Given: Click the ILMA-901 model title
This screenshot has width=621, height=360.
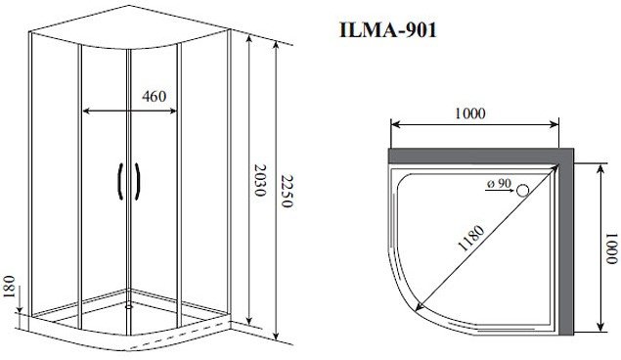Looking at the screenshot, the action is click(387, 30).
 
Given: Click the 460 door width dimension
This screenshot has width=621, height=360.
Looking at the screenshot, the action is click(155, 96).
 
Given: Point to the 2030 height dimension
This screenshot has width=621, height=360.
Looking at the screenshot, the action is click(259, 180).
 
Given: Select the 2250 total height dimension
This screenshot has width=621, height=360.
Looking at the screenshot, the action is click(287, 191).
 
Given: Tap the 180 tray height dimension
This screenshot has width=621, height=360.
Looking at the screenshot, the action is click(9, 288).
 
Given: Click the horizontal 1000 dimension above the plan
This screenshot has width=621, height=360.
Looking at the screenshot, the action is click(469, 113).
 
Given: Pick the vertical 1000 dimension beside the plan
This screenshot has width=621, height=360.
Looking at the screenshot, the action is click(612, 248).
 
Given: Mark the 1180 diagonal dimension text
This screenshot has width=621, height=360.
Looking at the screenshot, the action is click(471, 238).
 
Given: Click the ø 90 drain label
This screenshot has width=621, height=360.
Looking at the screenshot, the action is click(500, 183).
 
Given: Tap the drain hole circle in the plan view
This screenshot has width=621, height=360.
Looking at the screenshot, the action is click(523, 191).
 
